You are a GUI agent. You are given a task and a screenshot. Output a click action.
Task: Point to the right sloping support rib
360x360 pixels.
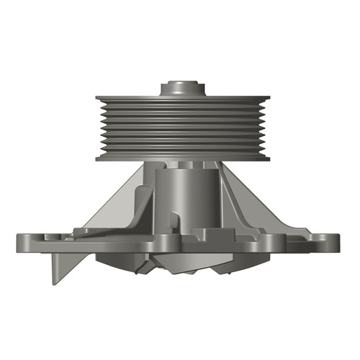(x=248, y=202)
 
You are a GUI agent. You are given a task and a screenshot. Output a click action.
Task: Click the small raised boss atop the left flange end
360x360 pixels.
(x=48, y=235)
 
